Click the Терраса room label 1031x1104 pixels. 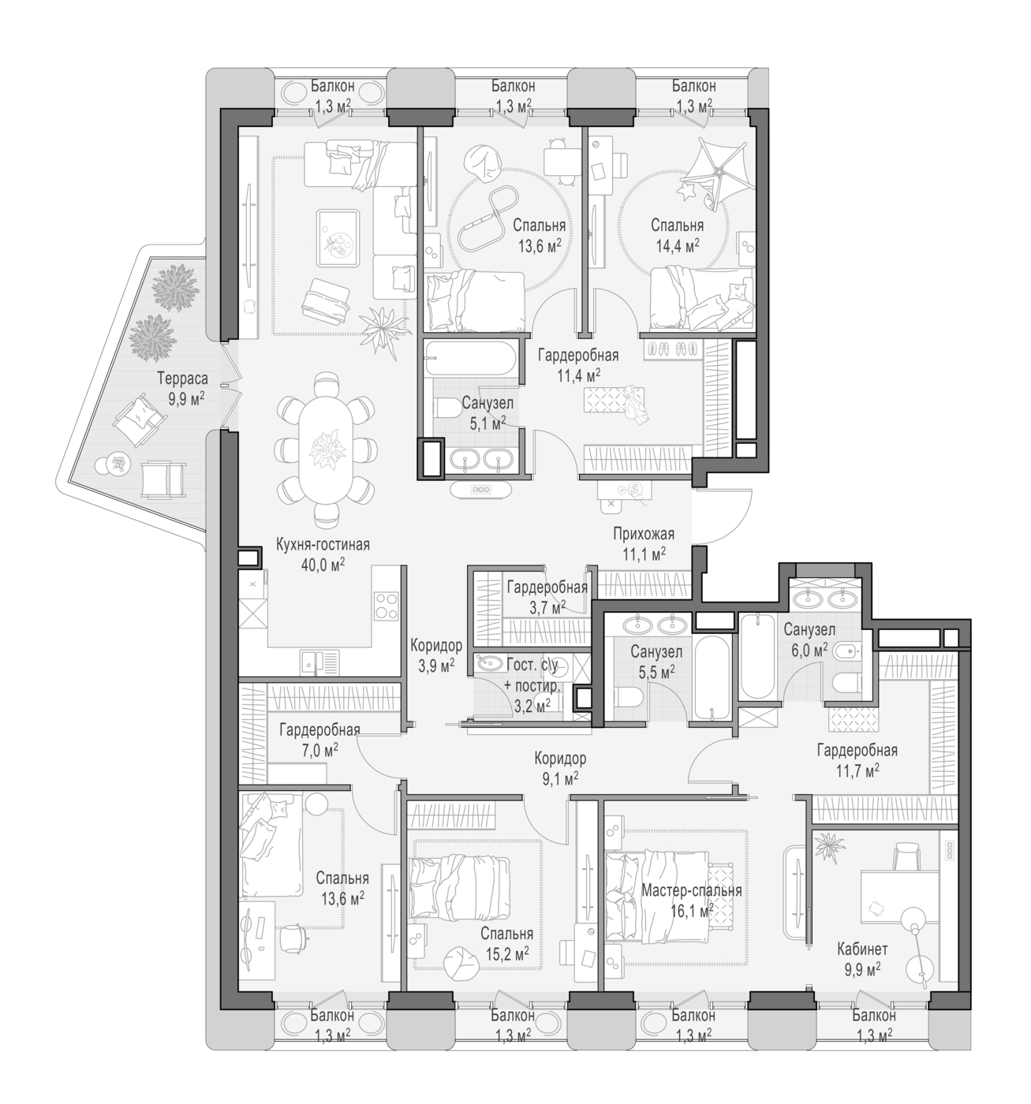(182, 379)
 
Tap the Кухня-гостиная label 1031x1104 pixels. (323, 545)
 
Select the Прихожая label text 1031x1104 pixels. (644, 534)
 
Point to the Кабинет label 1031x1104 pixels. (862, 949)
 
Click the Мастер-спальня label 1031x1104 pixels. (691, 890)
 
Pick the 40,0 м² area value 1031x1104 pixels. (323, 565)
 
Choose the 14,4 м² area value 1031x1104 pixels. (677, 246)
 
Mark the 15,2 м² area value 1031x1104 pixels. (506, 954)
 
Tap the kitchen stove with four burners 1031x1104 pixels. (386, 606)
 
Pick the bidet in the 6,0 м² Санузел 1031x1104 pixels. (846, 651)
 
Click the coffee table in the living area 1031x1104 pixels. (337, 238)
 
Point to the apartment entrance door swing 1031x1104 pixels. (723, 516)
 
